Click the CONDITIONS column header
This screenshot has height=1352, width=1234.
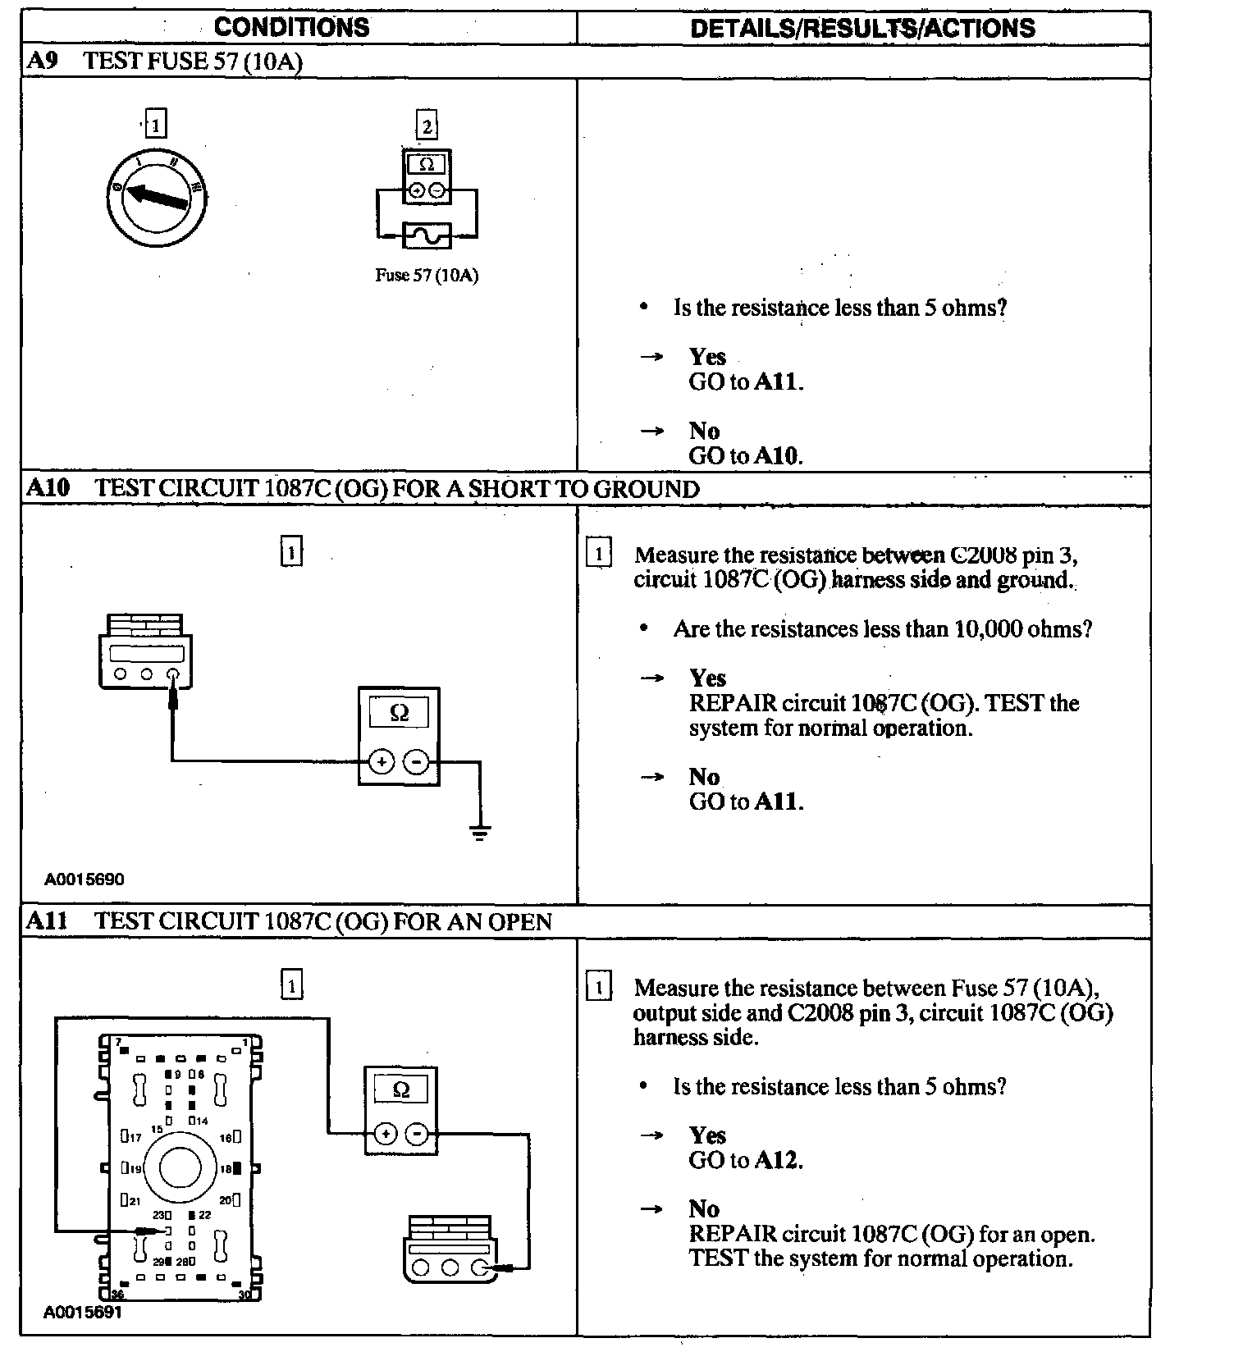(x=291, y=27)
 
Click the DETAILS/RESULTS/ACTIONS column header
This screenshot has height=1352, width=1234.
(x=862, y=29)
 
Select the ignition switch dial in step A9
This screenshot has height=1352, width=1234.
(x=157, y=197)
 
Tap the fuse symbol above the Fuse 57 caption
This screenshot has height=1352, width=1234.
(x=427, y=236)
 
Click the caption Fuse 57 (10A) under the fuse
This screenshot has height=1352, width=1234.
(x=427, y=276)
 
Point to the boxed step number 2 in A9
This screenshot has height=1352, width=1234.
(x=427, y=126)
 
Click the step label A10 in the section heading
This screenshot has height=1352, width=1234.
(x=48, y=488)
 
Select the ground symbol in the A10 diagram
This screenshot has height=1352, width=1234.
(x=480, y=834)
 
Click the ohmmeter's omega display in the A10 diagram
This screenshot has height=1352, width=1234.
(x=399, y=712)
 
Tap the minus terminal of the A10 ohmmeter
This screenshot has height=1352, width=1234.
(x=418, y=762)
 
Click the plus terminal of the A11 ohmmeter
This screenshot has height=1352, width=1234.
(x=384, y=1135)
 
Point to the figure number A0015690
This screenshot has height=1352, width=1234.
(x=85, y=879)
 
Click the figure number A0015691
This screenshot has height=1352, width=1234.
(x=83, y=1312)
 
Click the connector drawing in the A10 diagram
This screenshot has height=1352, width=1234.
(x=146, y=652)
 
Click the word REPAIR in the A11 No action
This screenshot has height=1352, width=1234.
(x=733, y=1234)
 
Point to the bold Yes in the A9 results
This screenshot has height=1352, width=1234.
(x=707, y=357)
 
